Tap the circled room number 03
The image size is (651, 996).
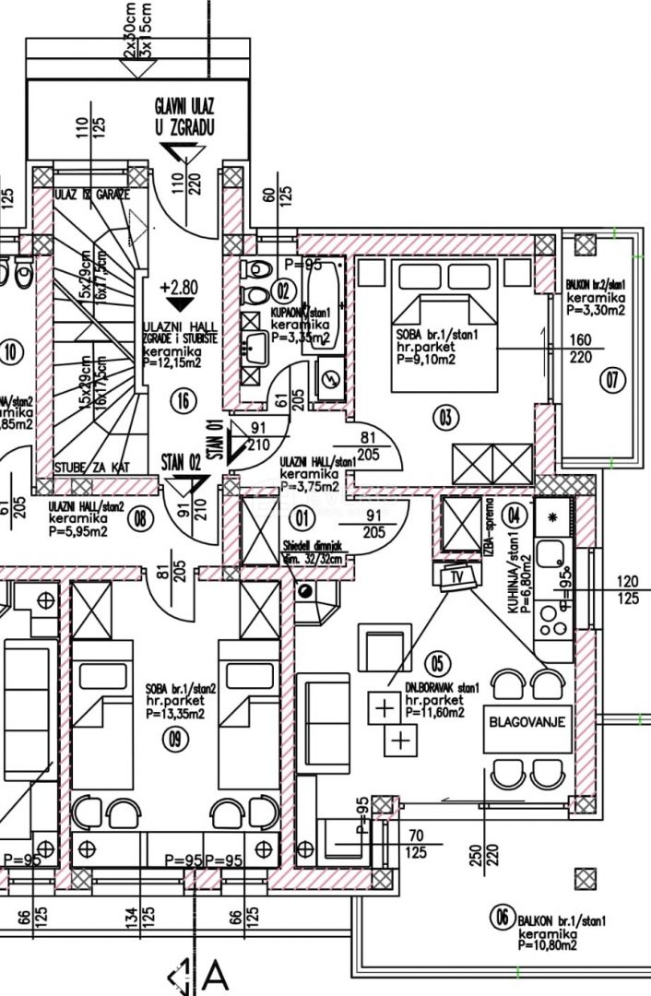(445, 418)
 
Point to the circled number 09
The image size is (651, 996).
(171, 737)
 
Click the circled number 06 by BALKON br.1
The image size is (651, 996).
(503, 917)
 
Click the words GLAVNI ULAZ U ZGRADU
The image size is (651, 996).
(185, 119)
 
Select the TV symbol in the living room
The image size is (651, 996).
(455, 578)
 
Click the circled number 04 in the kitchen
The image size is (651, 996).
(514, 515)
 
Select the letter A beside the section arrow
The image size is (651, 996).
(216, 976)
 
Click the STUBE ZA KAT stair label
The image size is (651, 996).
(92, 467)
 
